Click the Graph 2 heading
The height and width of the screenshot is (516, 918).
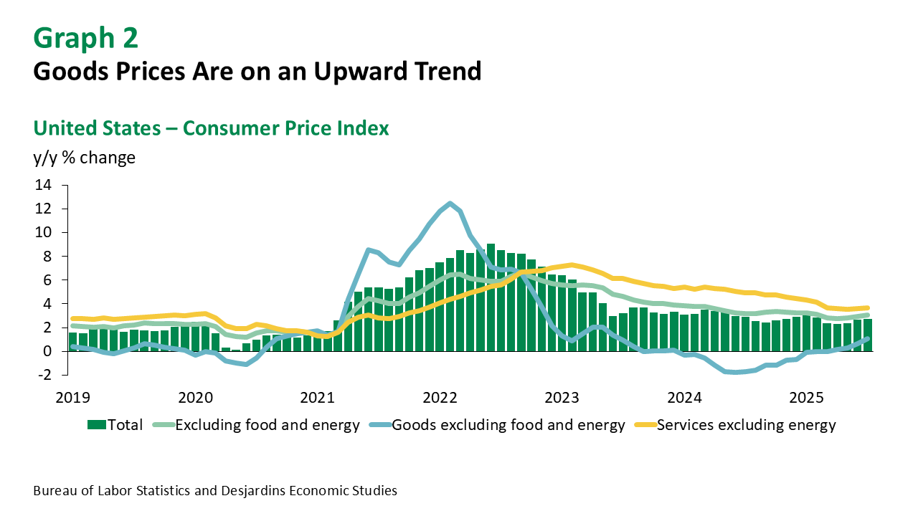(85, 38)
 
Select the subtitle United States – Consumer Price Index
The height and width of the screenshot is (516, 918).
(211, 128)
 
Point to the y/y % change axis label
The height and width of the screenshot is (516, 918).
(85, 158)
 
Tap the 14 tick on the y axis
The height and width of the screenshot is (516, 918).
(42, 185)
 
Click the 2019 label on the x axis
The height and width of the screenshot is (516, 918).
(73, 397)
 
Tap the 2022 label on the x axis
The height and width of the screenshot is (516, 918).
(440, 397)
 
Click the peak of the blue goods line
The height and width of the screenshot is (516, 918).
(450, 204)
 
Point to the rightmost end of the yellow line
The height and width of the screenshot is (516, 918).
(867, 307)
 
